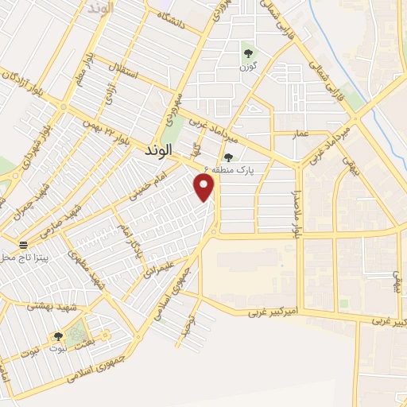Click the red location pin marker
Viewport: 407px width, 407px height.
click(205, 187)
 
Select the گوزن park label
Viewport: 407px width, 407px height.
click(249, 67)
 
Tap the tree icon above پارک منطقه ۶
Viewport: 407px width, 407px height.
click(229, 157)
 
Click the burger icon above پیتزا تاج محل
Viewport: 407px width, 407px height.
click(22, 243)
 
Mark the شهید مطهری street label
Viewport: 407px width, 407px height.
click(87, 270)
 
